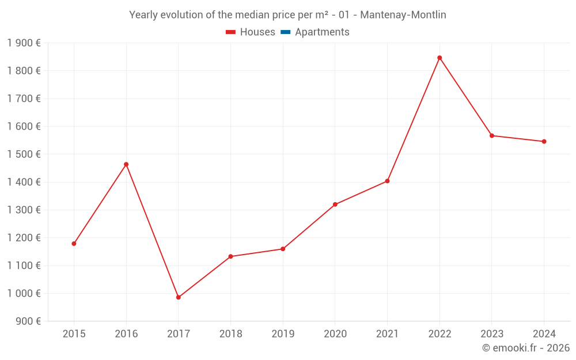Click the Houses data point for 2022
coord(439,58)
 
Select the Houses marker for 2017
coord(179,297)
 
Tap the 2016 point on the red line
coord(126,164)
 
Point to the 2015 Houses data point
coord(74,244)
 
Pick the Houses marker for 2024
coord(544,141)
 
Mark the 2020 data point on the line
coord(335,204)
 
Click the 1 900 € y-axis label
coord(24,43)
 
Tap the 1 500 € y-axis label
coord(24,154)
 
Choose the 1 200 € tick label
coord(24,238)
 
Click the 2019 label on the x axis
coord(283,334)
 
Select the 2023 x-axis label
coord(492,334)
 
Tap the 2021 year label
coord(387,334)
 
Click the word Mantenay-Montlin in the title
coord(403,15)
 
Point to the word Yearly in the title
coord(144,15)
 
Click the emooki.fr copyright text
coord(525,348)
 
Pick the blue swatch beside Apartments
coord(285,32)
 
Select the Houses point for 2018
coord(230,256)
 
